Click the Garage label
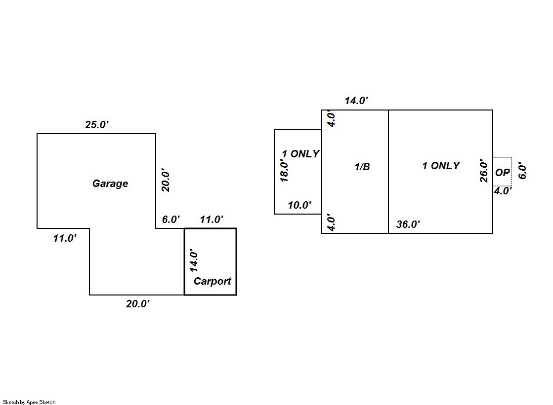110,184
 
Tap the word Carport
213,281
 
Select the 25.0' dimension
97,125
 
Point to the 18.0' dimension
284,170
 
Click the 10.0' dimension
299,205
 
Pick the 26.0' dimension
484,170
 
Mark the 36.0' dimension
408,224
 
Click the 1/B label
362,167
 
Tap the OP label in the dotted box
502,173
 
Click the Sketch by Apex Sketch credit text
29,402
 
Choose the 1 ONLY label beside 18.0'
300,154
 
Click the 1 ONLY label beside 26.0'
441,166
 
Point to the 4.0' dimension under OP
503,191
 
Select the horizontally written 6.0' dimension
171,220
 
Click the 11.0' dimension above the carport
212,220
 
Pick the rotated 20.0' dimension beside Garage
166,180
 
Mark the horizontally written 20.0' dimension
138,304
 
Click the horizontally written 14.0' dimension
356,101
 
